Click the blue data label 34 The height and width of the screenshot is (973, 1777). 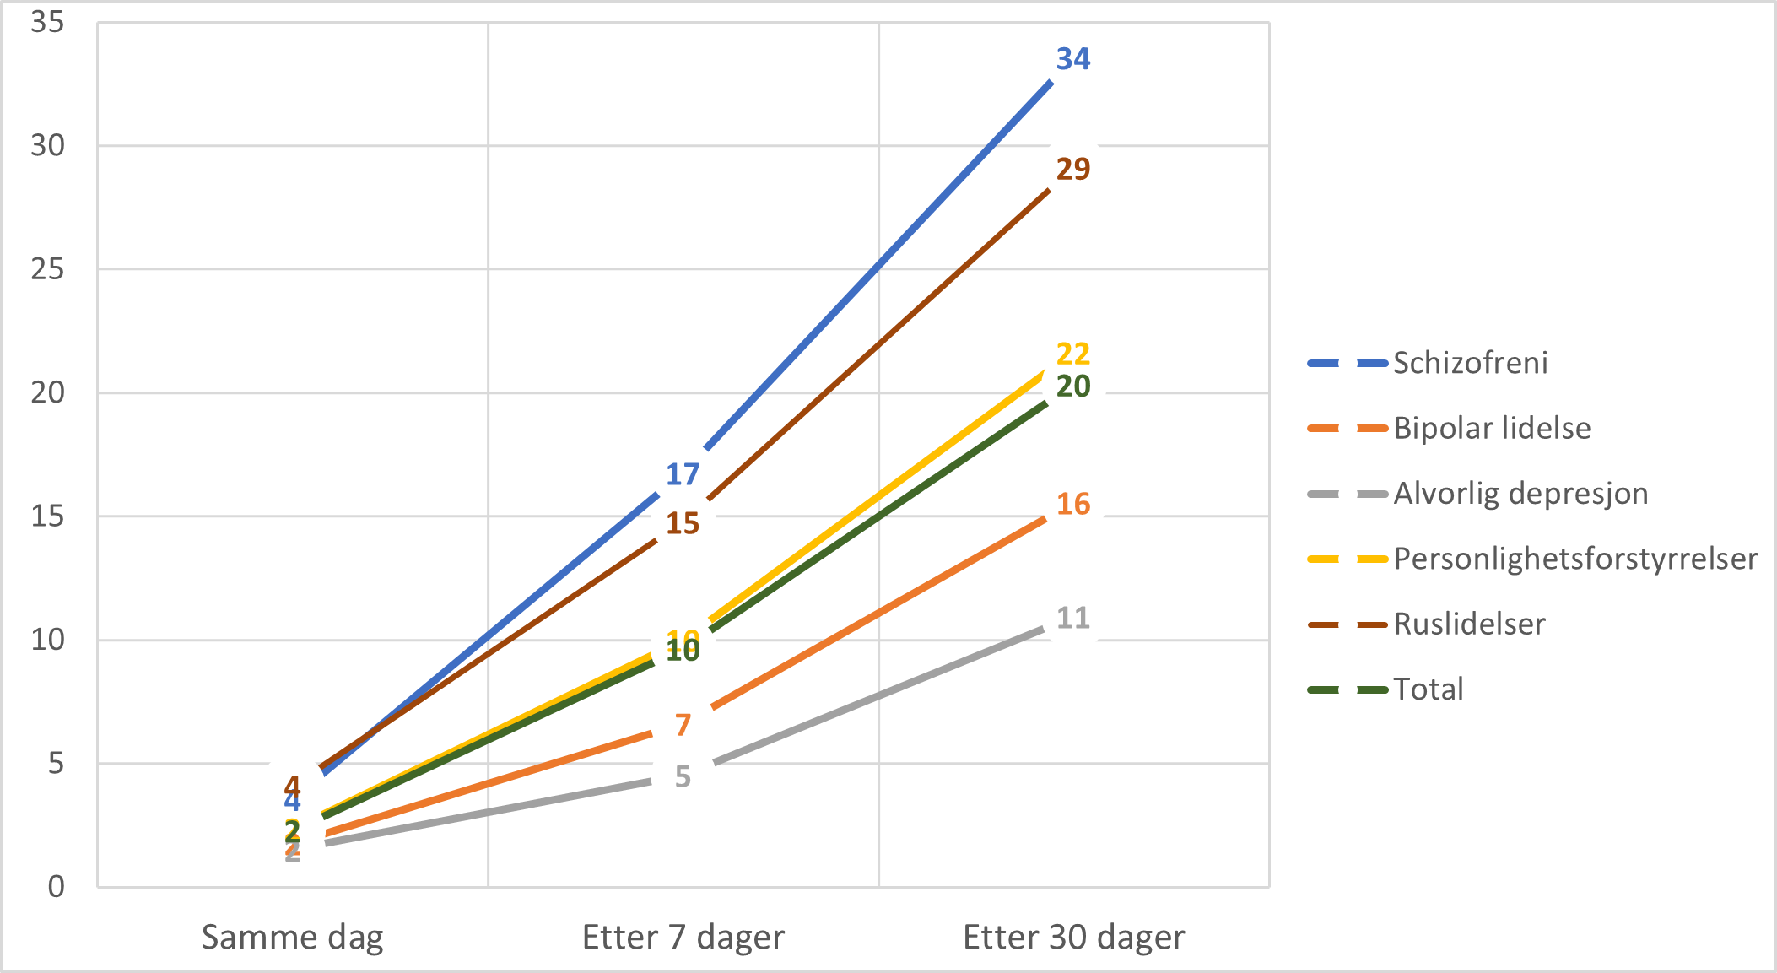(x=1072, y=59)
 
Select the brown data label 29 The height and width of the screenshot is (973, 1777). (x=1072, y=170)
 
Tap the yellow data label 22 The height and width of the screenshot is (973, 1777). (x=1072, y=354)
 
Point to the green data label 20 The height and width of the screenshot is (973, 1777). (x=1072, y=386)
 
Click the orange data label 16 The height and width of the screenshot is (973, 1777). (x=1072, y=505)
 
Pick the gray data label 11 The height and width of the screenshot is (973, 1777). (x=1072, y=619)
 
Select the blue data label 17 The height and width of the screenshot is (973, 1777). (x=683, y=475)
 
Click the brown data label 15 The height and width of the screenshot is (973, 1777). (x=683, y=524)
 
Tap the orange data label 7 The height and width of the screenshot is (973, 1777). (x=683, y=725)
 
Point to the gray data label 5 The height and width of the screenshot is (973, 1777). (x=683, y=776)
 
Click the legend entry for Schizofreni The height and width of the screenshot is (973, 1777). (x=1470, y=363)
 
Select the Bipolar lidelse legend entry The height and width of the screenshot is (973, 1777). (x=1491, y=429)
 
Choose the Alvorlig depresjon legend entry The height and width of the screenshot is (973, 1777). (x=1520, y=494)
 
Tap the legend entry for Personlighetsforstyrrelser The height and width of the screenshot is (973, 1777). (x=1574, y=559)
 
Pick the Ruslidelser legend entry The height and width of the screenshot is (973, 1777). (x=1469, y=624)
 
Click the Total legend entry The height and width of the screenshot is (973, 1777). (x=1428, y=689)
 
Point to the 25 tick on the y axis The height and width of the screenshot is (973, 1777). (x=48, y=269)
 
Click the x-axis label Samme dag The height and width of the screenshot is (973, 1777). (x=292, y=938)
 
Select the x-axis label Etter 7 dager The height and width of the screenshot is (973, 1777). (x=683, y=938)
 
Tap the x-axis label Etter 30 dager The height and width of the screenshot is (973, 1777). (x=1073, y=938)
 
